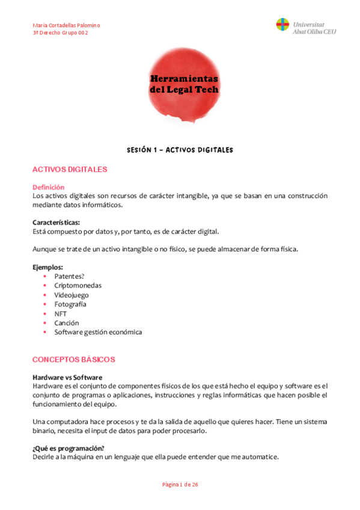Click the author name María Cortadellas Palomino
[66, 25]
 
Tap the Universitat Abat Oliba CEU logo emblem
[282, 25]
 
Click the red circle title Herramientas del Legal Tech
[183, 85]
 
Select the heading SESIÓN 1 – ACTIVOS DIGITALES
[180, 150]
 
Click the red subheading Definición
[49, 187]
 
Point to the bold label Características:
[56, 222]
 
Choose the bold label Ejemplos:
[48, 267]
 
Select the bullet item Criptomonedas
[78, 285]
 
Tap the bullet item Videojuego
[72, 295]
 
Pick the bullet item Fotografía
[70, 304]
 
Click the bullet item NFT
[61, 313]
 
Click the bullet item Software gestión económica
[98, 332]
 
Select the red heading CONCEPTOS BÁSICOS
[73, 360]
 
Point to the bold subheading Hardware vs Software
[67, 377]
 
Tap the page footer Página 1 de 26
[180, 484]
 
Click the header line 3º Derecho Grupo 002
[61, 33]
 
